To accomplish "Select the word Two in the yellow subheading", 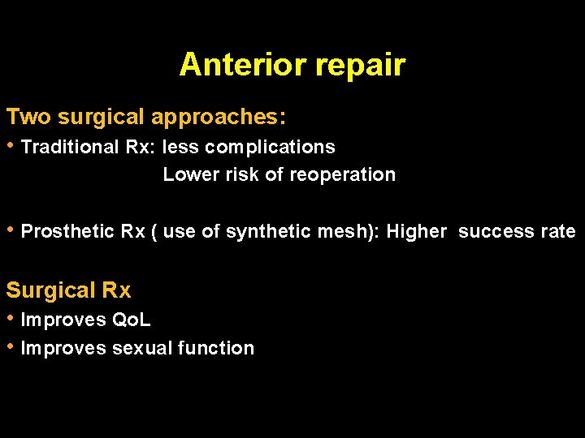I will pyautogui.click(x=28, y=117).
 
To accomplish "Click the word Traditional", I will pyautogui.click(x=70, y=147).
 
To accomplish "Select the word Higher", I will pyautogui.click(x=416, y=232).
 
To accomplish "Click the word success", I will pyautogui.click(x=496, y=231).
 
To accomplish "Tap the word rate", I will pyautogui.click(x=558, y=231).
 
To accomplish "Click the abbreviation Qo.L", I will pyautogui.click(x=131, y=320).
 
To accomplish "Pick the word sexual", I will pyautogui.click(x=143, y=348).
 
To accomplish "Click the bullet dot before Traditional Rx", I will pyautogui.click(x=11, y=146).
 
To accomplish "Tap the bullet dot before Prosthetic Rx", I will pyautogui.click(x=11, y=230).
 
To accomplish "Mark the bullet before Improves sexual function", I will pyautogui.click(x=11, y=347).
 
